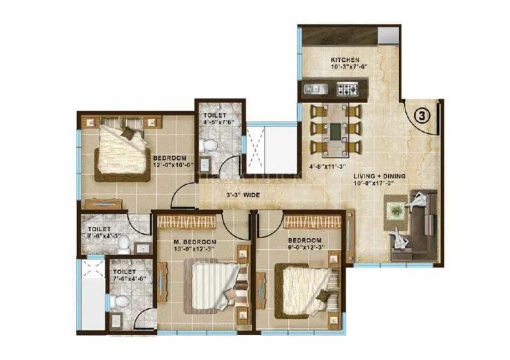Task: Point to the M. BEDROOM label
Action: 195,242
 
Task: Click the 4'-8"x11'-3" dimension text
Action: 328,168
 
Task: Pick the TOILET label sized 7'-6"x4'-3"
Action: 99,228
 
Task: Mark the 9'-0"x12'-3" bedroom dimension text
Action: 302,248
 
